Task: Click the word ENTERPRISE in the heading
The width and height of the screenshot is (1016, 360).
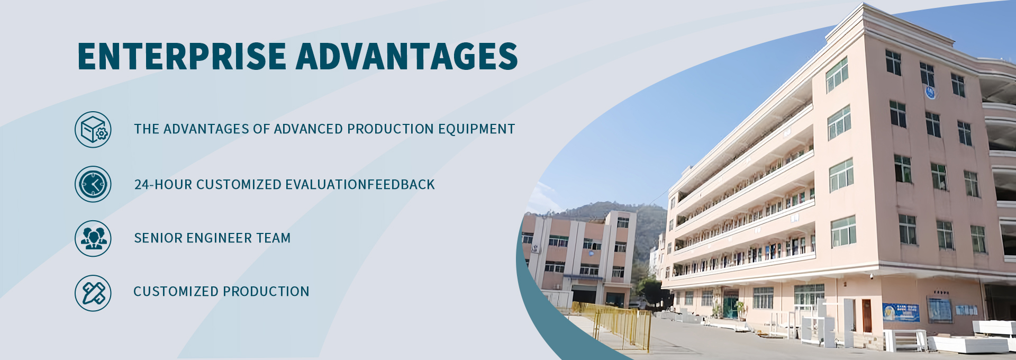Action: point(182,56)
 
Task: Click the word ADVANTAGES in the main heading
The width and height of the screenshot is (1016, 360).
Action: point(407,56)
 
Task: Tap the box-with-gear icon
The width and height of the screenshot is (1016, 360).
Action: point(93,129)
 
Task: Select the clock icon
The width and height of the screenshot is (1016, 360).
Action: point(93,184)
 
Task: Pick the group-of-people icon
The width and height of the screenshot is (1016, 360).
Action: point(93,238)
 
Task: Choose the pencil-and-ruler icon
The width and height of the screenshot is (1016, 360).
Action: point(93,293)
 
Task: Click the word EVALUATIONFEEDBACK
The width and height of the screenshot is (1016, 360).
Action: point(360,184)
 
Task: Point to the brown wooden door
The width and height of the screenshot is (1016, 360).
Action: point(867,316)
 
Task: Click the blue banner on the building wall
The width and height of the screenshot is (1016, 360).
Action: point(901,312)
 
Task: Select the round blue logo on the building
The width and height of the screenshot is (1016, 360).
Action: point(930,93)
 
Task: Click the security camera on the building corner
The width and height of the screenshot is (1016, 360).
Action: point(871,276)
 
